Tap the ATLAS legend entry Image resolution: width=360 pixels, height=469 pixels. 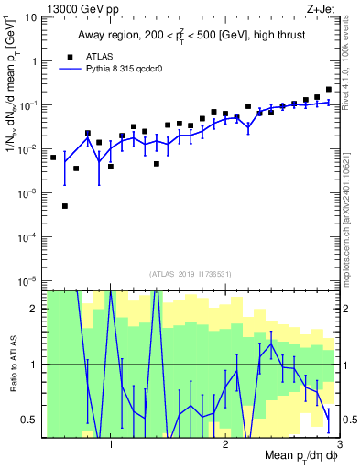pos(102,56)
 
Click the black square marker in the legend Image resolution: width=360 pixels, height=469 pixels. pos(68,56)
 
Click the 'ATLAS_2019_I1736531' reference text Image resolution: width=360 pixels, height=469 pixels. pos(191,273)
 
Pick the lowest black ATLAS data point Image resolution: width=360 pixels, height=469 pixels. pos(65,206)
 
